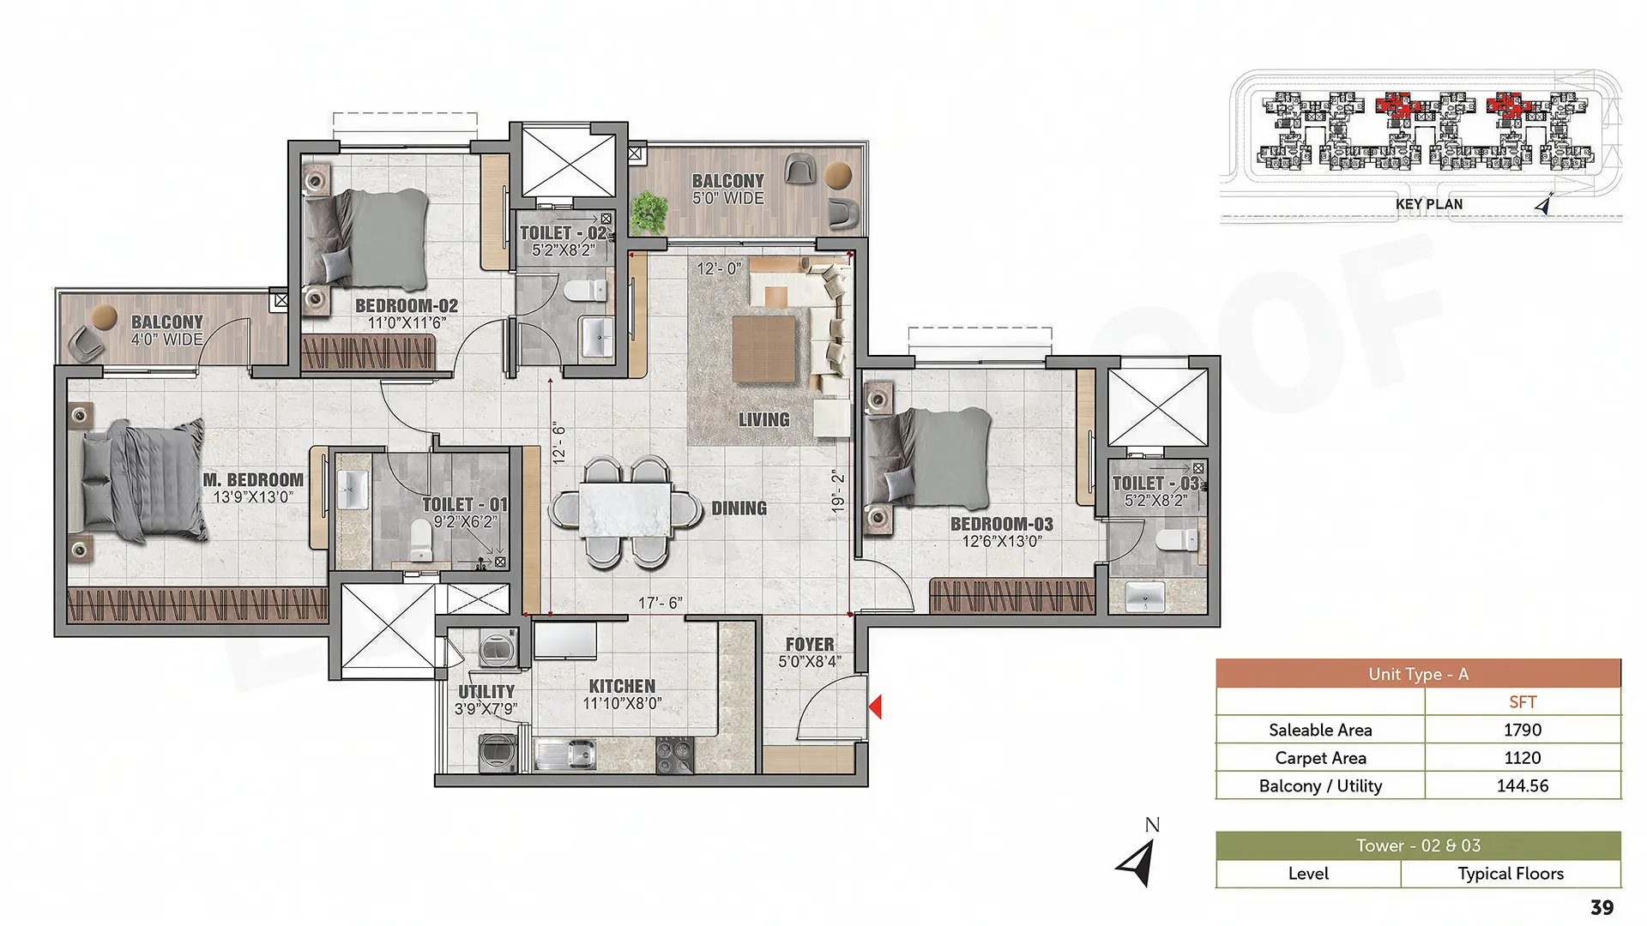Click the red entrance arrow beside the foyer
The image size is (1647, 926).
876,707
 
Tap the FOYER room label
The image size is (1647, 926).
810,644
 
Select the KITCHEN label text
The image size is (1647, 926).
622,686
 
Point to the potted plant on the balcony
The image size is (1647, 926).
649,212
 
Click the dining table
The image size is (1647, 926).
624,511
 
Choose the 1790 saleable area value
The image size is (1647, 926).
1523,730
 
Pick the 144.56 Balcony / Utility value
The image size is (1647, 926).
1523,785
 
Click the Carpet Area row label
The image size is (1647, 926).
1320,758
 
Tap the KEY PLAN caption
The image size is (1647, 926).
1429,204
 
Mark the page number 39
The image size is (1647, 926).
1602,907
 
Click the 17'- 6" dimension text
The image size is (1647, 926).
660,603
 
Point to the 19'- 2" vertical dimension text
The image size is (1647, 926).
838,491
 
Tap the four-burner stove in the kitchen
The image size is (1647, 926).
674,755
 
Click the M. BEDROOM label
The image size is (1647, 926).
253,480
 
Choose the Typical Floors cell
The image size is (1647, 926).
1511,874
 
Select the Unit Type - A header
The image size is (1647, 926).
1419,674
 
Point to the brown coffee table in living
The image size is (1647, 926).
764,349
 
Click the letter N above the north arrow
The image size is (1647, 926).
1152,825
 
